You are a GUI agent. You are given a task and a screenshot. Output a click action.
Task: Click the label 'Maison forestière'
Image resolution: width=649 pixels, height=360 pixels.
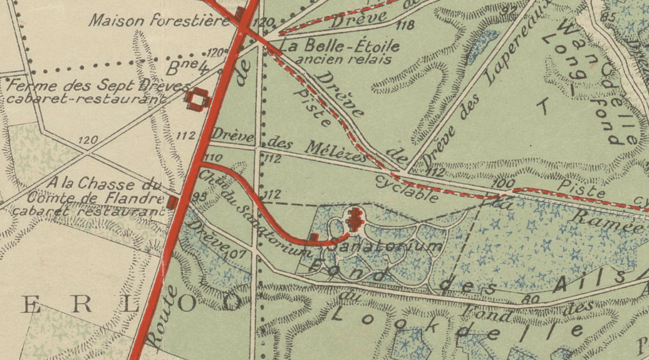[x=160, y=21]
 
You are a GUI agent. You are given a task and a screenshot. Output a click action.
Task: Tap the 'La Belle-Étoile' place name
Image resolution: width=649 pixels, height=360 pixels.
[x=339, y=46]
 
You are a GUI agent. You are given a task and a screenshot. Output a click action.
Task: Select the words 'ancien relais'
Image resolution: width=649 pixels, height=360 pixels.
[x=343, y=59]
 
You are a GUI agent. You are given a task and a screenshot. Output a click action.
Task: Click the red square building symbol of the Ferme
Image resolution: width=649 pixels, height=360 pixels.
[x=199, y=99]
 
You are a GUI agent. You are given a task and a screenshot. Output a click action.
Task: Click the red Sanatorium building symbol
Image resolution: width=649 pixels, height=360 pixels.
[x=355, y=219]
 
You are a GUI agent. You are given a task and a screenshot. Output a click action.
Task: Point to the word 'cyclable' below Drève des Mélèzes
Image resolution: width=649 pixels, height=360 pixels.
[x=407, y=188]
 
